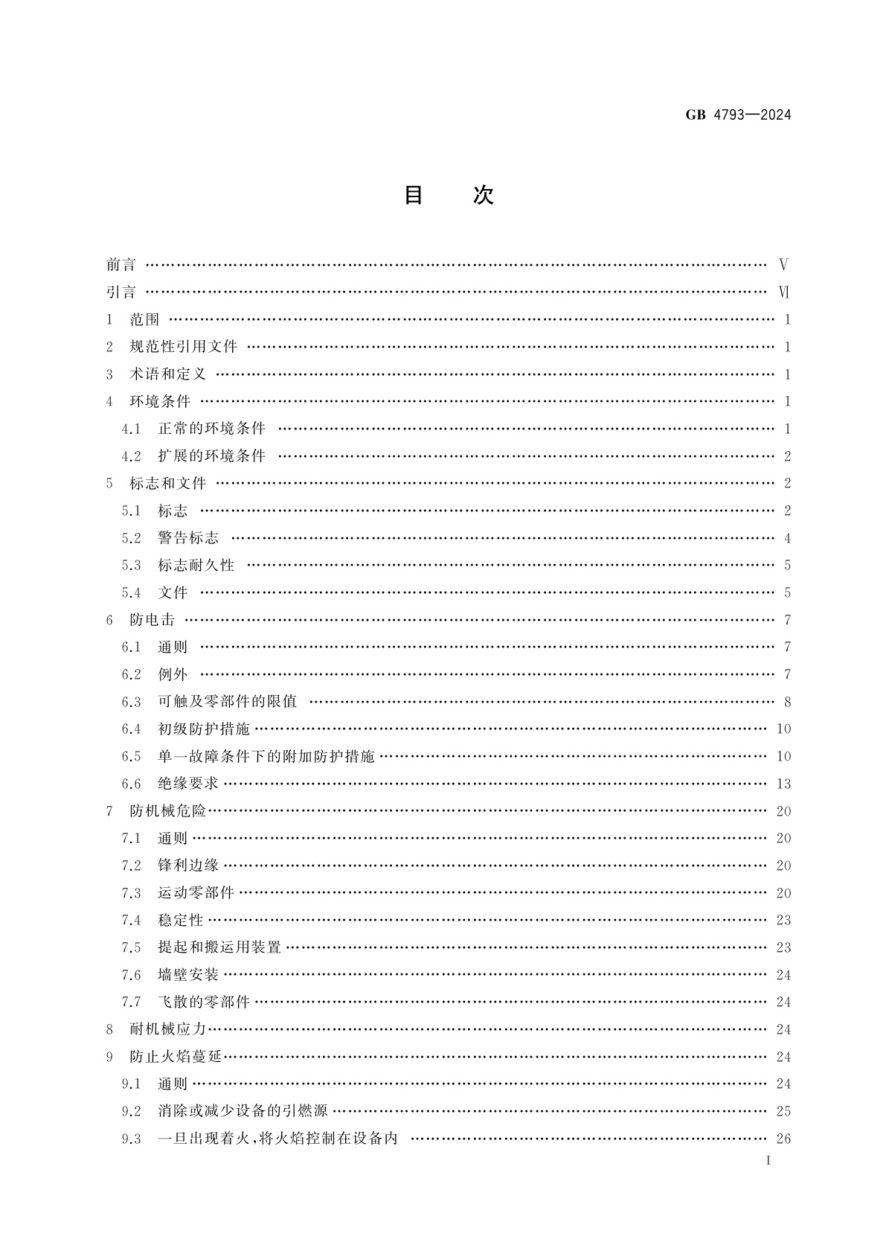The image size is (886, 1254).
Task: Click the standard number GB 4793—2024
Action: [x=737, y=115]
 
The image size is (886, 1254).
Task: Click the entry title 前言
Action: [x=121, y=265]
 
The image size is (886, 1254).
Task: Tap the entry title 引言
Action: [x=121, y=292]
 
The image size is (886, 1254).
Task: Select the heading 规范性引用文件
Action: [x=183, y=347]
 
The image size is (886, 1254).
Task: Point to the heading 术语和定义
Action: [x=167, y=374]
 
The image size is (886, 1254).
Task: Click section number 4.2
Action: [x=131, y=456]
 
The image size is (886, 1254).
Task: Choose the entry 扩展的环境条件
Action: [x=211, y=456]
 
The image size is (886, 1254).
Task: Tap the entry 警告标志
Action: [x=188, y=538]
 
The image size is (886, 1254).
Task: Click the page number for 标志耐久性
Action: [x=787, y=566]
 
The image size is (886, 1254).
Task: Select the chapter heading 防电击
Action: [x=152, y=620]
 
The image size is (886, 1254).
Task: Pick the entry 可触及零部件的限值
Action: [x=227, y=702]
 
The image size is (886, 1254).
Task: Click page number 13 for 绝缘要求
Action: [x=783, y=784]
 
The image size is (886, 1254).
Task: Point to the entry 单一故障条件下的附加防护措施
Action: [x=266, y=757]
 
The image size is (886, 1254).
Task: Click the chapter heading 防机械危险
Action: [x=167, y=811]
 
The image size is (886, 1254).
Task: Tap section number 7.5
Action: [x=131, y=947]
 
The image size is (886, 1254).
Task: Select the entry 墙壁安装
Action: [x=188, y=975]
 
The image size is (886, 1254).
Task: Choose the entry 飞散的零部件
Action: [x=204, y=1002]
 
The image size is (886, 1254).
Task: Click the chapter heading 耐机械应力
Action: [x=167, y=1030]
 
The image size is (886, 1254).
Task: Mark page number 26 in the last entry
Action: [x=783, y=1139]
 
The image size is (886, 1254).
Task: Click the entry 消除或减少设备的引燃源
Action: [x=243, y=1112]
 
